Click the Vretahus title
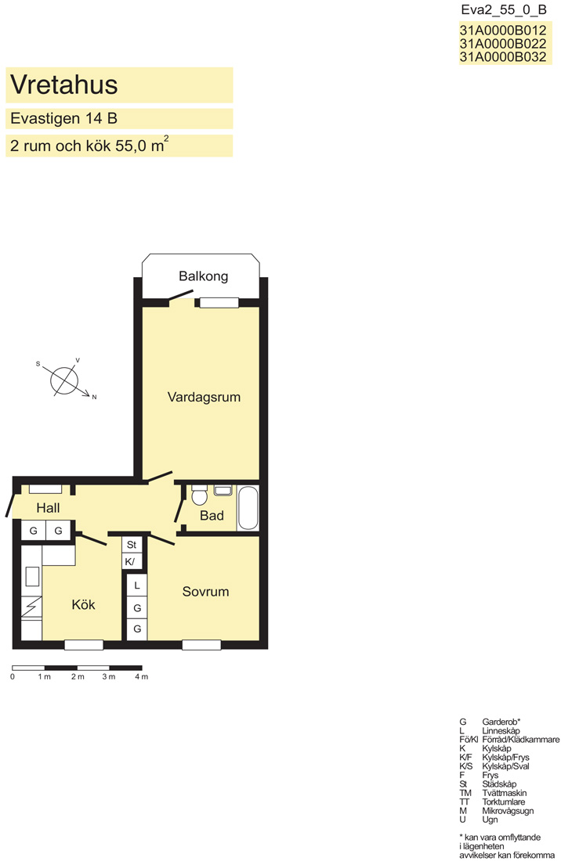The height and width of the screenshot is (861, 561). pyautogui.click(x=64, y=85)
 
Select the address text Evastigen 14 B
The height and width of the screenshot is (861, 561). pyautogui.click(x=63, y=118)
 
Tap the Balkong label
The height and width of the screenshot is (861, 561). pyautogui.click(x=203, y=276)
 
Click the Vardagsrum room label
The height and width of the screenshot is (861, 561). pyautogui.click(x=204, y=397)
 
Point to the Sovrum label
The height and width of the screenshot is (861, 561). pyautogui.click(x=205, y=592)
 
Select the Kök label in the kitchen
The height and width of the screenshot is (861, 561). pyautogui.click(x=84, y=604)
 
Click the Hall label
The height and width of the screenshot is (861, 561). pyautogui.click(x=48, y=508)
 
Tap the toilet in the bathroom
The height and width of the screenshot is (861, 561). pyautogui.click(x=199, y=494)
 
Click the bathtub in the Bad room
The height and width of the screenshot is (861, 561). pyautogui.click(x=248, y=508)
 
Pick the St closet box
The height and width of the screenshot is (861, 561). pyautogui.click(x=132, y=545)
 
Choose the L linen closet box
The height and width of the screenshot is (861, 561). pyautogui.click(x=137, y=585)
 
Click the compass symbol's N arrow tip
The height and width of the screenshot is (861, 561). pyautogui.click(x=90, y=394)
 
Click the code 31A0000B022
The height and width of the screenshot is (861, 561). pyautogui.click(x=503, y=43)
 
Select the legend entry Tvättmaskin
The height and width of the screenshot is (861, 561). pyautogui.click(x=505, y=793)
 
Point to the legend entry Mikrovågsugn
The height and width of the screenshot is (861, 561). pyautogui.click(x=508, y=810)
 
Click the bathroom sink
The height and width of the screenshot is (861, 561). pyautogui.click(x=223, y=490)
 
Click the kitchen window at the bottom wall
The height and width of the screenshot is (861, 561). pyautogui.click(x=84, y=645)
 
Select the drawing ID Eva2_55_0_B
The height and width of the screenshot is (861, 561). pyautogui.click(x=504, y=10)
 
